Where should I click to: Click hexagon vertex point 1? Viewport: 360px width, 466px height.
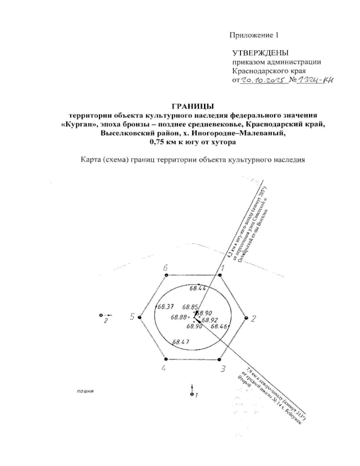pyautogui.click(x=220, y=275)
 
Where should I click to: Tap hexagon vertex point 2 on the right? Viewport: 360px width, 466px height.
pyautogui.click(x=246, y=317)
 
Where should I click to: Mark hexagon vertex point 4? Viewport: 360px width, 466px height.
pyautogui.click(x=166, y=359)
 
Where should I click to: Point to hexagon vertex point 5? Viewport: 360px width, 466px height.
pyautogui.click(x=139, y=317)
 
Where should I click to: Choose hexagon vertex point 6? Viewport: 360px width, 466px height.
pyautogui.click(x=166, y=275)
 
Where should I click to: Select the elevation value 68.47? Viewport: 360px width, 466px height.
pyautogui.click(x=181, y=341)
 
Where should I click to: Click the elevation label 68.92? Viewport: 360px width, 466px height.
pyautogui.click(x=210, y=320)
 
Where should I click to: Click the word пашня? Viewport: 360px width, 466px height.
pyautogui.click(x=84, y=392)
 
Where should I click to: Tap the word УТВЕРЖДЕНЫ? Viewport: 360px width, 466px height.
pyautogui.click(x=260, y=53)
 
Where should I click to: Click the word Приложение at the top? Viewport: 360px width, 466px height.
pyautogui.click(x=249, y=35)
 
